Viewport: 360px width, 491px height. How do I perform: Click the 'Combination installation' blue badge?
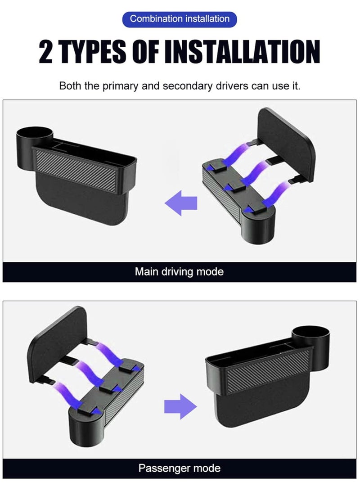180,19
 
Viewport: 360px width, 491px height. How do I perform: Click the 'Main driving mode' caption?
179,272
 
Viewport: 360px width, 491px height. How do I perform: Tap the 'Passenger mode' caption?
179,468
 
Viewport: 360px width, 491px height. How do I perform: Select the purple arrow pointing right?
180,406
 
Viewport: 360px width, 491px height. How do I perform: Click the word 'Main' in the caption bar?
146,272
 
